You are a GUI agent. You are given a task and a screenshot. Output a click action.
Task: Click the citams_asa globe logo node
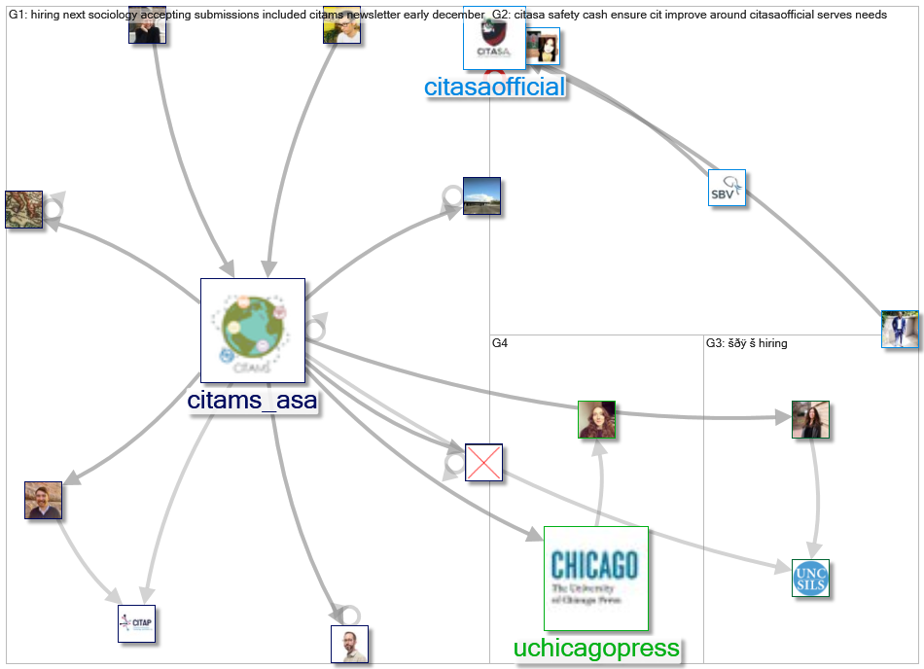coord(253,331)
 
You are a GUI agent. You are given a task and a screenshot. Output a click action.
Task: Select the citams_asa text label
coord(253,401)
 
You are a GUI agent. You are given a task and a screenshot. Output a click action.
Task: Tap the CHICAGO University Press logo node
coord(595,579)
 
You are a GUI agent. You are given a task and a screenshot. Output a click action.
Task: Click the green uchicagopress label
coord(596,649)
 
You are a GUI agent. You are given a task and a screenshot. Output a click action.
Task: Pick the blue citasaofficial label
coord(494,87)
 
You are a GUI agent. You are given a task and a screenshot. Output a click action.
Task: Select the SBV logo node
coord(727,188)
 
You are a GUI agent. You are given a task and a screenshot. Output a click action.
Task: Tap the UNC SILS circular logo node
coord(810,578)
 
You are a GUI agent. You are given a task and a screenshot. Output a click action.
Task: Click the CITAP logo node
coord(136,623)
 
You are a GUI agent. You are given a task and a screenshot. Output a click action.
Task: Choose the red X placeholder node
coord(483,463)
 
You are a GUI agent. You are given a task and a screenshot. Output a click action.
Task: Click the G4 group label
coord(500,343)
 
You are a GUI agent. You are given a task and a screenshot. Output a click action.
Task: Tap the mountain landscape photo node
coord(481,196)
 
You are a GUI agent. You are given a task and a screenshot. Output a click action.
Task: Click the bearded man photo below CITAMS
coord(349,644)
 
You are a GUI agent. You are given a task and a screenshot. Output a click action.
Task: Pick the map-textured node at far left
coord(23,209)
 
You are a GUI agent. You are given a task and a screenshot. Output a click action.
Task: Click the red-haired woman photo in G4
coord(596,419)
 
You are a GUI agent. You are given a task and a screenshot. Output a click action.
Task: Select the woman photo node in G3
coord(809,419)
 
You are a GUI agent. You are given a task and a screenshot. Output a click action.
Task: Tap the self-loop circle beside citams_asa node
coord(313,330)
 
